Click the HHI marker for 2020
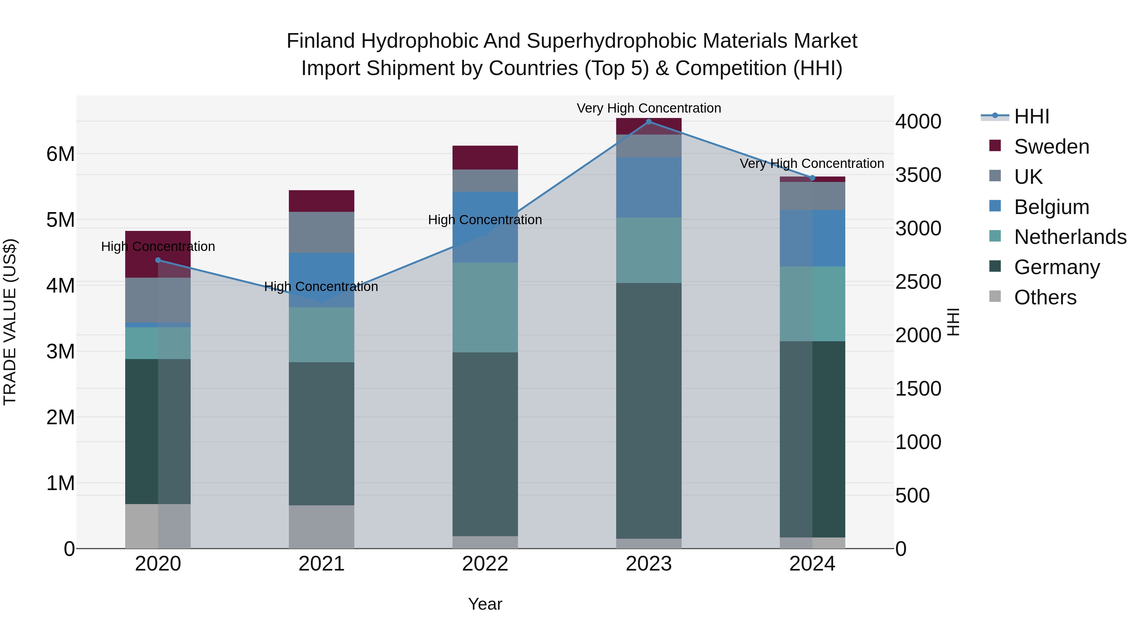[x=158, y=260]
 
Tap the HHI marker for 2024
[x=812, y=178]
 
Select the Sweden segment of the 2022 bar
[x=485, y=157]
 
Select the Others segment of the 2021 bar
[x=322, y=527]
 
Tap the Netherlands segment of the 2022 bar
[x=485, y=308]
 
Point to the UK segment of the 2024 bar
[x=812, y=196]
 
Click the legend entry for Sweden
[x=1051, y=147]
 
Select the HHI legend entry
[x=1031, y=116]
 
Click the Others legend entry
[x=1045, y=297]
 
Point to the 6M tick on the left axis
[x=60, y=154]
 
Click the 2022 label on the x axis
[x=485, y=564]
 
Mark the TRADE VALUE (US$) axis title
[x=10, y=322]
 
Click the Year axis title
[x=485, y=604]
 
